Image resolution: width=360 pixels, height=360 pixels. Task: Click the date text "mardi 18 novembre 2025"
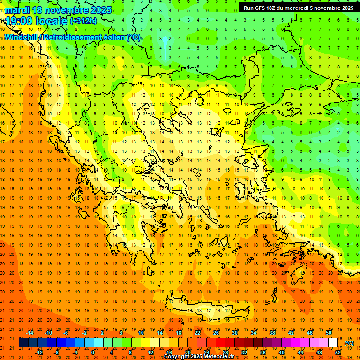[59, 10]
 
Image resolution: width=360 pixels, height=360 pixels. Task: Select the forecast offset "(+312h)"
[83, 21]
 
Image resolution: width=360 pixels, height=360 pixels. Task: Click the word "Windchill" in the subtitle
[22, 37]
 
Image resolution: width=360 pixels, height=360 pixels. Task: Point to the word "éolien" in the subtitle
[114, 37]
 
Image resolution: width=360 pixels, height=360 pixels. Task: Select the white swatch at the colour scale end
[333, 343]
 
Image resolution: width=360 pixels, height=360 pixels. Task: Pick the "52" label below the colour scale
[338, 352]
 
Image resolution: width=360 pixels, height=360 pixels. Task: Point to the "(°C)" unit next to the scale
[350, 343]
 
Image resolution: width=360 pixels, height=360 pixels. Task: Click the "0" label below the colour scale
[93, 352]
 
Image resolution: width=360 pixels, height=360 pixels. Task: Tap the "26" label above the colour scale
[216, 333]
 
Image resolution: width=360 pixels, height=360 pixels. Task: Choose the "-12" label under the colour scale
[39, 352]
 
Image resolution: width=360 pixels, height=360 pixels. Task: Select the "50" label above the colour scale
[329, 333]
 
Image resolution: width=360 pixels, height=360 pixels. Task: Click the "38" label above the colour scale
[272, 333]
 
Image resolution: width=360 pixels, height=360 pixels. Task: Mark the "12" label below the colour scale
[150, 352]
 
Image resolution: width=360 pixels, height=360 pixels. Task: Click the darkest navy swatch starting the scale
[23, 343]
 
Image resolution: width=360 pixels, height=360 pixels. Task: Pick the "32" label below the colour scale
[244, 352]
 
